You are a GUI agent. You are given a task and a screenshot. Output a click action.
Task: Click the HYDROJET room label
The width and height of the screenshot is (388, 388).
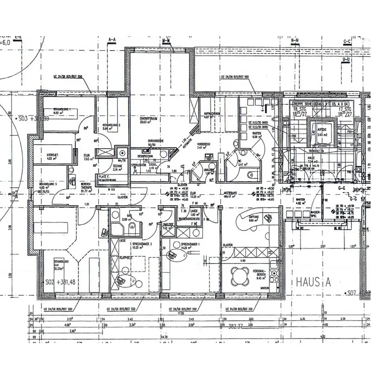(41, 154)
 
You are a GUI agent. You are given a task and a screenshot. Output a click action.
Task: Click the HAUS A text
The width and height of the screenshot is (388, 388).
(313, 282)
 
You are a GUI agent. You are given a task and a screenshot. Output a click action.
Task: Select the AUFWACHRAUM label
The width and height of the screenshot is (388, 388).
(212, 114)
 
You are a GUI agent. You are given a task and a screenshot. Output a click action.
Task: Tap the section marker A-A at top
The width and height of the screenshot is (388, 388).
(113, 40)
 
